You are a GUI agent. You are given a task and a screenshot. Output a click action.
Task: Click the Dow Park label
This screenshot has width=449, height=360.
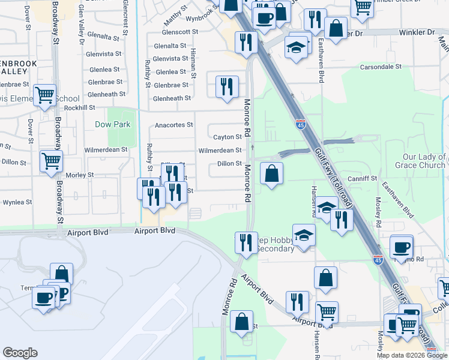coord(112,125)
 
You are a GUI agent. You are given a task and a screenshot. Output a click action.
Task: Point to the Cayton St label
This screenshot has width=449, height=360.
coord(228,137)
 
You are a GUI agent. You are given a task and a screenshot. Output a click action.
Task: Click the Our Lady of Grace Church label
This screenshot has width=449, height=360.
coord(423,161)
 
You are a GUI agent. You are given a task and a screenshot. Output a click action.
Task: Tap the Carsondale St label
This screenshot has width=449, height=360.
coord(381,67)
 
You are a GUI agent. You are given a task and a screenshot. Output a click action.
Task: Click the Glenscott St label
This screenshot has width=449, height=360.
coord(180,32)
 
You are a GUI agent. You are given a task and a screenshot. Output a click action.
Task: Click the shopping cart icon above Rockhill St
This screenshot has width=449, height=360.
coord(45,95)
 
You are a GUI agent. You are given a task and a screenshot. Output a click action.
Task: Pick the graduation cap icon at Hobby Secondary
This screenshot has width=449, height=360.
coord(304,234)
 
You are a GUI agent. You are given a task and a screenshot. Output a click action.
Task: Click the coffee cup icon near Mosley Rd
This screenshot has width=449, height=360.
coord(401,246)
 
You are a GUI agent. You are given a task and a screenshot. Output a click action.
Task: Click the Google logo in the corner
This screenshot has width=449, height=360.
coord(20,353)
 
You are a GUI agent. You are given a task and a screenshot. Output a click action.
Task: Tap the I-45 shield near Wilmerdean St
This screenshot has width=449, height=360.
coord(300,124)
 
